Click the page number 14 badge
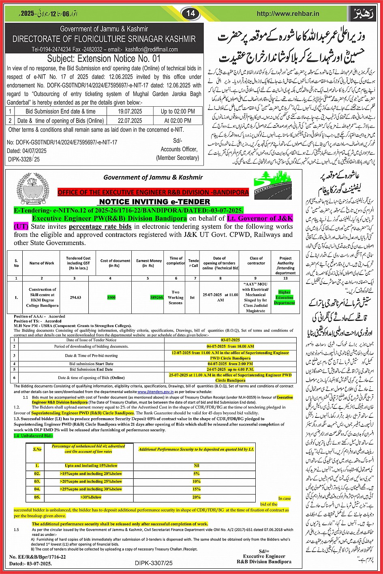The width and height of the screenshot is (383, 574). coord(191,13)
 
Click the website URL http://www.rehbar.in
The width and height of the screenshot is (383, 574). coord(288,13)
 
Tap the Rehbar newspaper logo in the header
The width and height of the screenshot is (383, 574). coord(368,13)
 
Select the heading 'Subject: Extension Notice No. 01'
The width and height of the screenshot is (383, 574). coord(104,58)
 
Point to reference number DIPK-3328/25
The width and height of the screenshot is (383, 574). coord(24,160)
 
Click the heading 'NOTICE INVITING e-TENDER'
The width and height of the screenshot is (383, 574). coord(154,202)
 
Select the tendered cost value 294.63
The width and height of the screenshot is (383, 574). coord(75,297)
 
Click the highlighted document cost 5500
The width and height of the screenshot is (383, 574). coord(111,297)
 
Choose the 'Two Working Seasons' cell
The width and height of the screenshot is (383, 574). coord(175,297)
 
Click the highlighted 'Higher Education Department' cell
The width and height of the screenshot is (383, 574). coord(284,297)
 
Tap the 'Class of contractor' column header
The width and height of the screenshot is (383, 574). coord(256,260)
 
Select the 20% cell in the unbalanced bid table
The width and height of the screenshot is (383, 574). coord(197,497)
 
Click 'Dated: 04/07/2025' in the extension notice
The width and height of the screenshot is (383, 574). coord(27,150)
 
